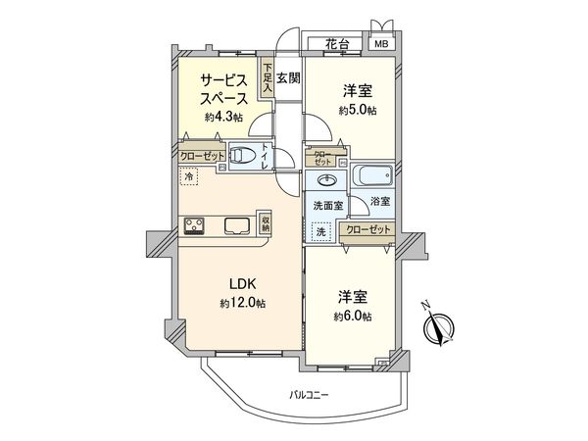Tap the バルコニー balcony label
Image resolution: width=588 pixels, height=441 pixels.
point(309,395)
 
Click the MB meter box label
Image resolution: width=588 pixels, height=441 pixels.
point(379,45)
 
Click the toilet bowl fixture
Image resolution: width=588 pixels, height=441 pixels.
point(250,156)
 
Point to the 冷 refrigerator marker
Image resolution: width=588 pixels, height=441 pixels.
point(189,177)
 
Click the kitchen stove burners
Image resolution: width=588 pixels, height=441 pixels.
point(193,225)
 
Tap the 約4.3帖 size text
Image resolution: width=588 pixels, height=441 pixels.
point(221,117)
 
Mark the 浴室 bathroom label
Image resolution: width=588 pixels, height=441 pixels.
point(380,201)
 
